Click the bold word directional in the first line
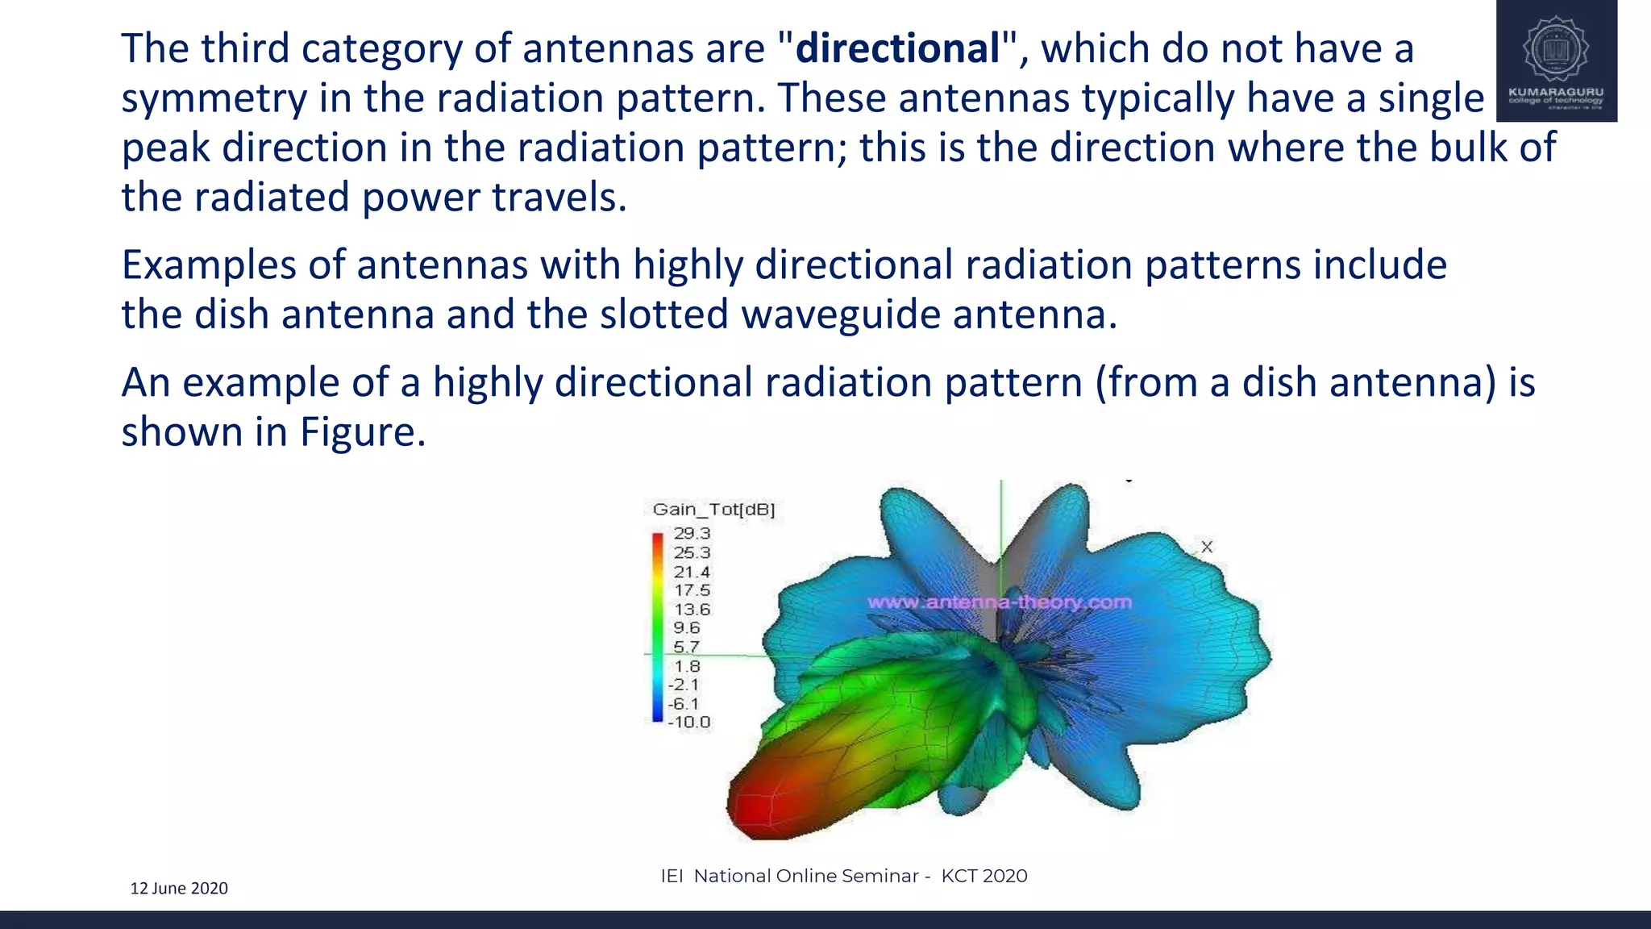tap(897, 48)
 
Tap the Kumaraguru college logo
tap(1556, 61)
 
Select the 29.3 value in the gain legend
tap(692, 533)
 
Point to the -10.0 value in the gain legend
tap(689, 722)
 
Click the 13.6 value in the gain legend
tap(692, 609)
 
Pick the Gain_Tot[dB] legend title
tap(713, 509)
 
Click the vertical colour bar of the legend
tap(658, 627)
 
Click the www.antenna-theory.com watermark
tap(1000, 602)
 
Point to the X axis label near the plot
tap(1207, 547)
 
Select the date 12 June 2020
tap(179, 888)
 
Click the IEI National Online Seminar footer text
tap(843, 876)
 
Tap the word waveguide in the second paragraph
tap(840, 315)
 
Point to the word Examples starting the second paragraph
tap(209, 265)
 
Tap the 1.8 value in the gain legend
tap(687, 666)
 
